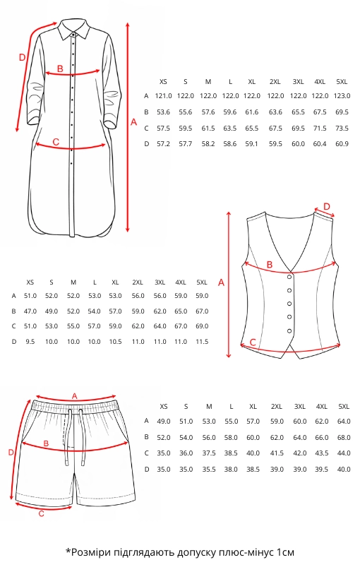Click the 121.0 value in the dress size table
pos(163,96)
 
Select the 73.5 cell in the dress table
pos(342,128)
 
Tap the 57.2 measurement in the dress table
pos(163,143)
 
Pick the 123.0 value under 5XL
pos(342,96)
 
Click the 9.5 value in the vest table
pos(30,342)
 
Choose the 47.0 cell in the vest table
pos(30,311)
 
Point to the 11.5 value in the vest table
pos(202,342)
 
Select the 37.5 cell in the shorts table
pos(209,453)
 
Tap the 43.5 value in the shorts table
pos(322,453)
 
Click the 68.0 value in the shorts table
pos(344,438)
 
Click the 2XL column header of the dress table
pos(275,82)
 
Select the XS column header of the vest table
pos(30,282)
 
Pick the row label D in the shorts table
pos(147,470)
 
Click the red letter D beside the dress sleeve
pos(22,58)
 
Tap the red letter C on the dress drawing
pos(56,142)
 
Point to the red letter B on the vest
pos(270,264)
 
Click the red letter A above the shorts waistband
pos(75,396)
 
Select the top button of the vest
pos(289,277)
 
